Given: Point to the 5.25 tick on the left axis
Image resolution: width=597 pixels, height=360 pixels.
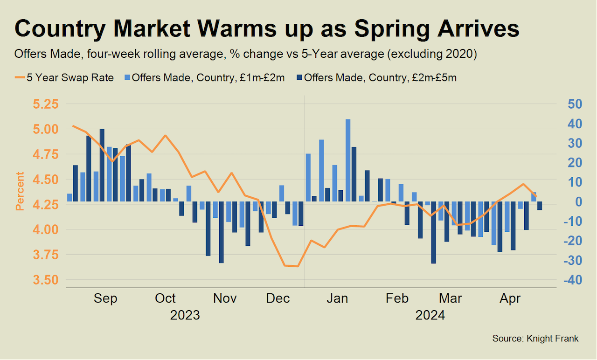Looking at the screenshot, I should tap(46, 104).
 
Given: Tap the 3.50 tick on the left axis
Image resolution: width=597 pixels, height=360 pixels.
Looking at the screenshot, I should tap(46, 280).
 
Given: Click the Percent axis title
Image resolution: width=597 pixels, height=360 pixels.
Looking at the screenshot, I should tap(20, 191).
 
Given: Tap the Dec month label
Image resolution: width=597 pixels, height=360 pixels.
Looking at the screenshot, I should tap(278, 298).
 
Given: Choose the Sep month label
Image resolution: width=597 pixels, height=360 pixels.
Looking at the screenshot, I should tap(105, 298).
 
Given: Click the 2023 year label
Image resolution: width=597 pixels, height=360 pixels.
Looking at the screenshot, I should tap(185, 315).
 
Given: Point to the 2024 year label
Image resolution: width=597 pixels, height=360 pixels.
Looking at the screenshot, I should tap(430, 315).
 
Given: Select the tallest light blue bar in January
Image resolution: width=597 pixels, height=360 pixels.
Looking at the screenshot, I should tap(348, 160).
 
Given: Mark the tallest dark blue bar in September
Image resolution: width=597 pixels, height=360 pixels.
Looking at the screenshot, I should tap(102, 165).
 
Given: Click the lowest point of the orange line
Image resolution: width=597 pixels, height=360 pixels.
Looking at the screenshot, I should tap(297, 266).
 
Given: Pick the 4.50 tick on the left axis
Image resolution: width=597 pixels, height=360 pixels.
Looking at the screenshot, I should tap(46, 180).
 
